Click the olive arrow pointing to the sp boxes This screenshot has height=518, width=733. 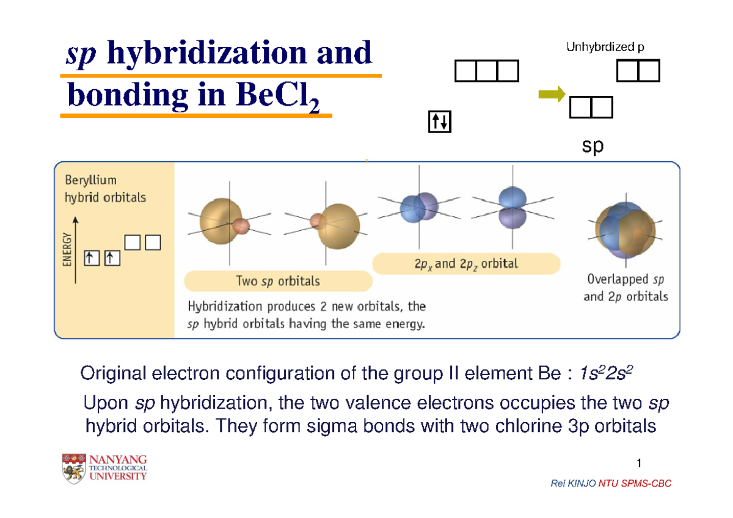pos(552,93)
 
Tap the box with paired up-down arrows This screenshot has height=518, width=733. pos(440,122)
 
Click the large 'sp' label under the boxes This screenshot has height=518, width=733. pos(592,147)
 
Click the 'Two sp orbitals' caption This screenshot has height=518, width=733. pos(278,282)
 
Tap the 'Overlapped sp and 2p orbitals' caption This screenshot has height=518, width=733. pos(626,288)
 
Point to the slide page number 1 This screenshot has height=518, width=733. pos(638,461)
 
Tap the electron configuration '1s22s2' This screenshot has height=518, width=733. pos(602,373)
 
